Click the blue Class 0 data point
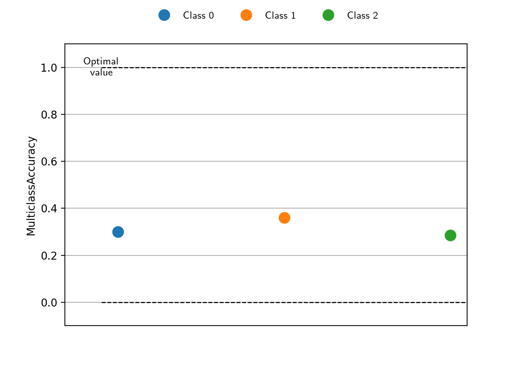click(x=118, y=232)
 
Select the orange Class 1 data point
click(x=285, y=218)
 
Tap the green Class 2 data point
click(x=450, y=236)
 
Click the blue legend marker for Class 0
click(x=164, y=15)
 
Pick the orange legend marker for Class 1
click(x=246, y=15)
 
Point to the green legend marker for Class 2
click(x=328, y=15)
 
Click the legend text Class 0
click(x=198, y=16)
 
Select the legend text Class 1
click(x=280, y=16)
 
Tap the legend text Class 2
click(x=363, y=16)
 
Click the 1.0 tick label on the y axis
click(x=49, y=68)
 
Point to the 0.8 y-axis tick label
click(x=49, y=115)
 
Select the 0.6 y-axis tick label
click(x=49, y=162)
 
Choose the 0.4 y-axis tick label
click(x=49, y=209)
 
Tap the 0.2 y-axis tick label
click(x=49, y=256)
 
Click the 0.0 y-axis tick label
click(x=49, y=303)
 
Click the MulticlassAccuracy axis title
click(x=31, y=186)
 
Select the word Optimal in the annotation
click(x=101, y=61)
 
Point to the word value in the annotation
click(x=101, y=72)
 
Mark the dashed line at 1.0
click(x=284, y=67)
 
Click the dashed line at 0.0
click(x=284, y=302)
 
